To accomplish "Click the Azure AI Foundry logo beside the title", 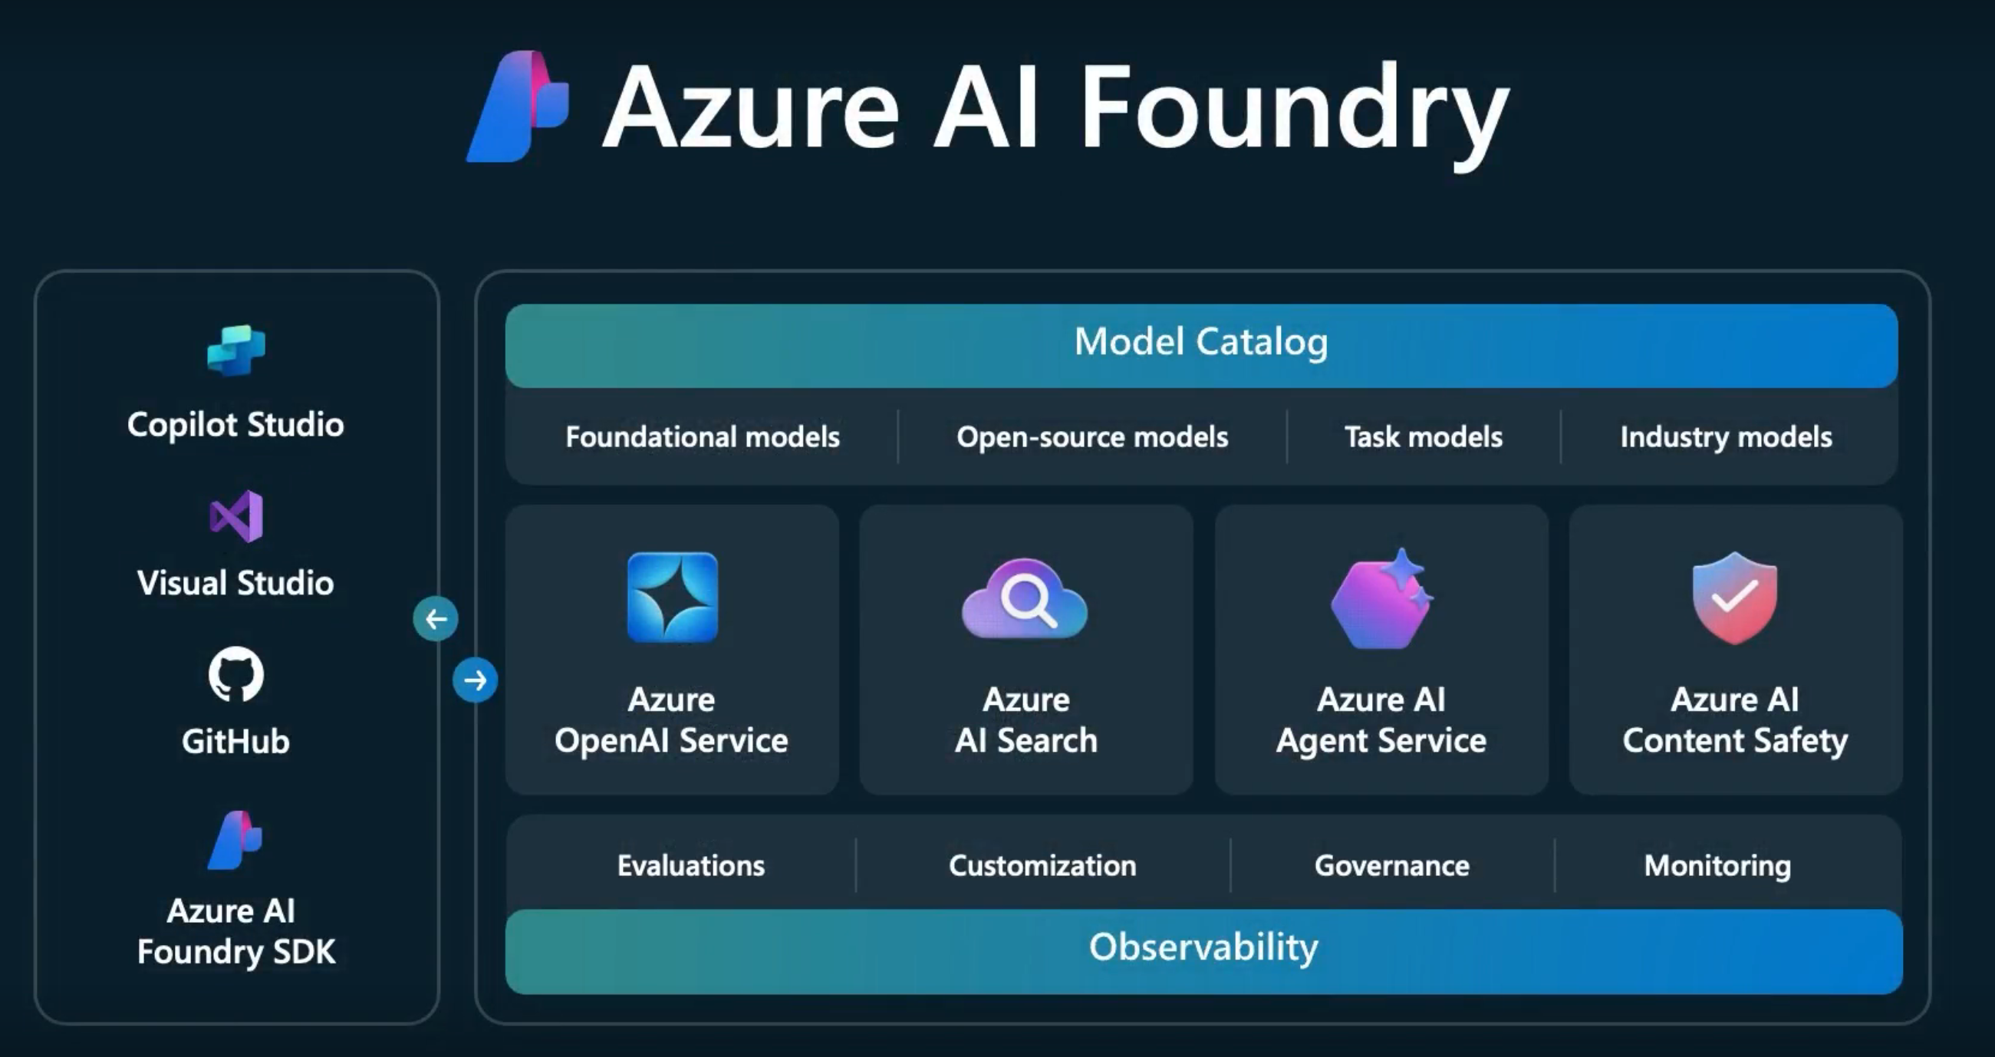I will [x=517, y=107].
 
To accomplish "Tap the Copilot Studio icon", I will [x=236, y=350].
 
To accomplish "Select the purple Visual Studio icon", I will [x=236, y=516].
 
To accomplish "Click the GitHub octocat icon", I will [x=236, y=674].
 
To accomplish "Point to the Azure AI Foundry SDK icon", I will [x=235, y=841].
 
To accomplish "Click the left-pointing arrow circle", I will [x=435, y=619].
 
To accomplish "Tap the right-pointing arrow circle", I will [x=475, y=680].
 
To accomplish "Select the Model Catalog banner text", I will [x=1201, y=341].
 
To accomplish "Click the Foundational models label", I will [x=703, y=436].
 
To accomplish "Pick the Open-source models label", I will [x=1092, y=436].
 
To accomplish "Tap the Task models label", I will [x=1424, y=436].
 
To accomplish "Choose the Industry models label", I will [x=1727, y=436].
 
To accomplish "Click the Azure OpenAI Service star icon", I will [x=672, y=597].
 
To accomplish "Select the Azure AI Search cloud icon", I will [x=1025, y=598].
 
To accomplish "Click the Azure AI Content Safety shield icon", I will [x=1735, y=597].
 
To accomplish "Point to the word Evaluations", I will [x=691, y=865].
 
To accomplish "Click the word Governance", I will [x=1391, y=865].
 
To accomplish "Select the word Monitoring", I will [x=1718, y=865].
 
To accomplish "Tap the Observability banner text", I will [x=1203, y=947].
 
